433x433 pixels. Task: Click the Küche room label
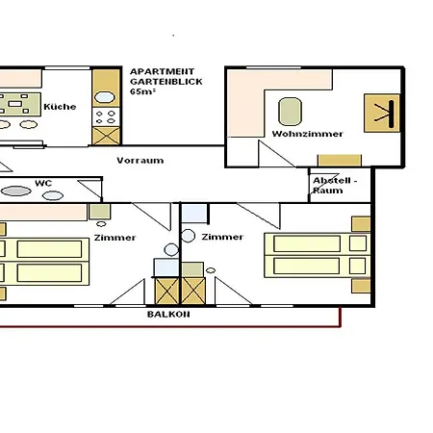click(60, 107)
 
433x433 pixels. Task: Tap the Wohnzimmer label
click(308, 134)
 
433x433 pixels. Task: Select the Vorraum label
click(140, 161)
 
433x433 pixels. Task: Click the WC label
click(43, 183)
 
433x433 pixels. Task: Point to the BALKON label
click(168, 315)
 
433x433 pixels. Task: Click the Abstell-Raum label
click(335, 186)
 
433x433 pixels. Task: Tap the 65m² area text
click(142, 91)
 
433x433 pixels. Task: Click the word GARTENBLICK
click(166, 82)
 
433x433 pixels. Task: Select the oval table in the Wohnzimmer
click(290, 112)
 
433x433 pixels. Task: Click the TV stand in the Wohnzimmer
click(382, 113)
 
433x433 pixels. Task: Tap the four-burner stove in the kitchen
click(106, 117)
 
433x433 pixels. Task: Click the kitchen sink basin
click(105, 97)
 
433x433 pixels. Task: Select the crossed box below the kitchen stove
click(106, 136)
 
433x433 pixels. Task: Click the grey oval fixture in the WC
click(16, 191)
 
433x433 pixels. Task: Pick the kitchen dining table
click(20, 104)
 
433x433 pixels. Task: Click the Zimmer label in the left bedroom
click(115, 238)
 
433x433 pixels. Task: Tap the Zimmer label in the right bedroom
click(222, 237)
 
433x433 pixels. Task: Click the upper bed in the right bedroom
click(318, 244)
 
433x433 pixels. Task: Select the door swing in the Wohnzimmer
click(276, 154)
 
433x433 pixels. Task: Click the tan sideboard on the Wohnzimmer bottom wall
click(340, 161)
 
